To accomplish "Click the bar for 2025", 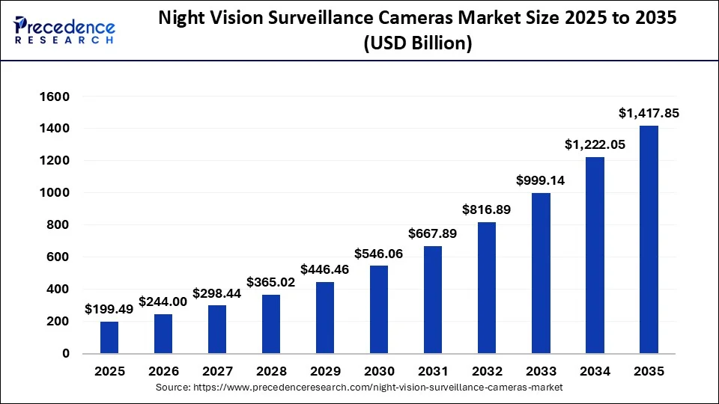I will click(109, 337).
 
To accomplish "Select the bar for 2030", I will click(379, 309).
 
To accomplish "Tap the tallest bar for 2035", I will click(649, 239).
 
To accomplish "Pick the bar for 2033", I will click(541, 273).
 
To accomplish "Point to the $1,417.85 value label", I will click(649, 114).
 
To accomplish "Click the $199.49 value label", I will click(109, 309).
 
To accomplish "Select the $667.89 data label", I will click(433, 234).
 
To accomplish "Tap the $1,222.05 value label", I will click(595, 145).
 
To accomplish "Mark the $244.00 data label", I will click(163, 302).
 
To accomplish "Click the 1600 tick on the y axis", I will click(55, 97).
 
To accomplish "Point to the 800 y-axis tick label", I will click(58, 225).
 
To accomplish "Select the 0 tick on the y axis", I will click(65, 353).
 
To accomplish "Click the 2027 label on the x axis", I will click(217, 372).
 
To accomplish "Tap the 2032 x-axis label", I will click(487, 372).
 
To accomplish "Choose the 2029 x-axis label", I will click(325, 372).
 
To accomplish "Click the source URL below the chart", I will click(359, 388).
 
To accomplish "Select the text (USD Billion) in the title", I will click(418, 44).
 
